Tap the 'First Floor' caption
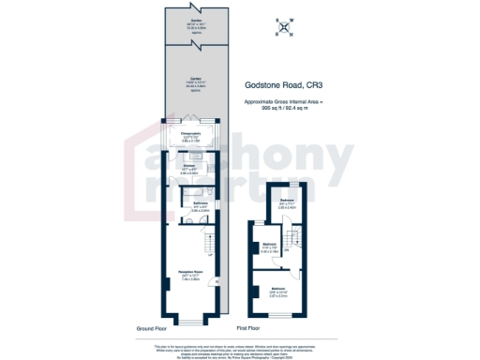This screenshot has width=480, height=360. (x=247, y=329)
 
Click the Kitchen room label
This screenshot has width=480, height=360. (x=188, y=168)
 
